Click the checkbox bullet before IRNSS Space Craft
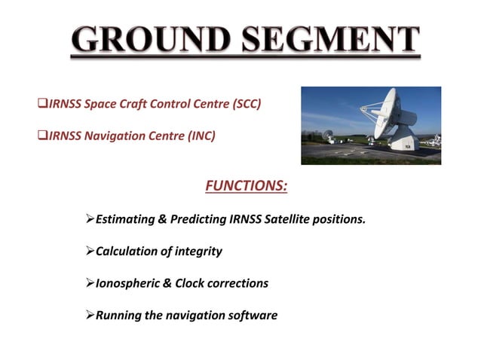tap(43, 104)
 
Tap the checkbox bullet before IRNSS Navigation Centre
tap(43, 136)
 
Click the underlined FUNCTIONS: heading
tap(246, 185)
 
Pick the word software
tap(252, 315)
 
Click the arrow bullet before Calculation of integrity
tap(90, 252)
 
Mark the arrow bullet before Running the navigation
tap(90, 315)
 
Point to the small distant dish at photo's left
tap(328, 136)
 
